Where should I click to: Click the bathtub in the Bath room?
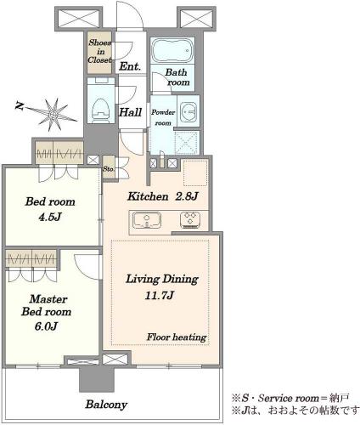tap(172, 51)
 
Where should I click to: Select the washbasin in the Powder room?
tap(188, 111)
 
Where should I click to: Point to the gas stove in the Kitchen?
tap(190, 220)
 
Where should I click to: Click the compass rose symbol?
tap(53, 114)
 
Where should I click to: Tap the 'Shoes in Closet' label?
tap(99, 51)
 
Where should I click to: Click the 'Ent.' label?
tap(130, 66)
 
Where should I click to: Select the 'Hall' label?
tap(130, 112)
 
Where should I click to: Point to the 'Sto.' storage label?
tap(108, 169)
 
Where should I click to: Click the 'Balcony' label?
tap(106, 405)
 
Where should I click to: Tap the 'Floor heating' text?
tap(177, 337)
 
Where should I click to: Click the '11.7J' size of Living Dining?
tap(159, 296)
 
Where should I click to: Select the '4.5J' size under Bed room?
tap(50, 218)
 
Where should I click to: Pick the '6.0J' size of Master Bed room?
tap(46, 326)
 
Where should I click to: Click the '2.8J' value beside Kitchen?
tap(187, 196)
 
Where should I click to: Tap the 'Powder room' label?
tap(163, 117)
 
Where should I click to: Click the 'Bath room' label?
tap(177, 77)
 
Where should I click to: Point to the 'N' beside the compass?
tap(20, 106)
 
